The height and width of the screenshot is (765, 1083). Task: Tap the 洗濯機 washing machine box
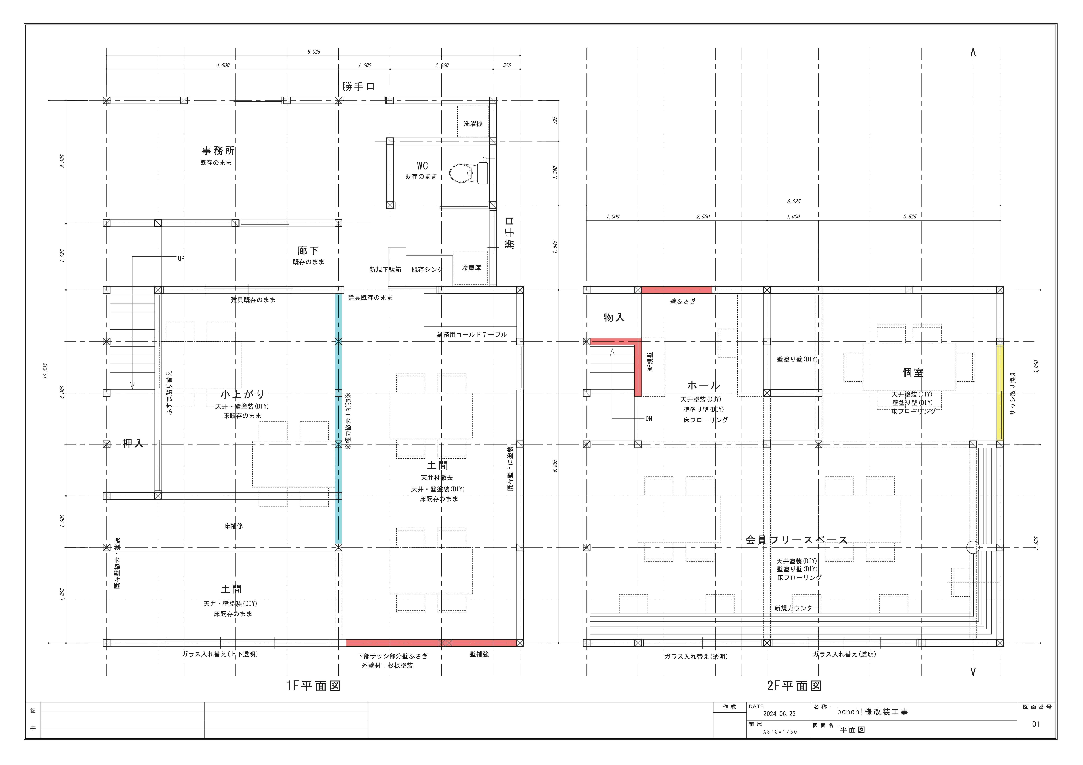coord(473,122)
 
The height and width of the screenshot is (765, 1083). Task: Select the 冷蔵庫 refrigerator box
coord(471,267)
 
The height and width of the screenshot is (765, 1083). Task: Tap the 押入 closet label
coord(133,443)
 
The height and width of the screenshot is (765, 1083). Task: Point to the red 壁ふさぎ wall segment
coord(677,290)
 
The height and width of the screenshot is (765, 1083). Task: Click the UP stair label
coord(181,258)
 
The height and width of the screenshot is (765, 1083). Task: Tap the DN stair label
coord(649,418)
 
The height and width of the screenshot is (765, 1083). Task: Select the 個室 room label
coord(913,372)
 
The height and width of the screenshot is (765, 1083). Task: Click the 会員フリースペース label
coord(797,540)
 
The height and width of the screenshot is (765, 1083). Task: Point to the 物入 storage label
coord(614,317)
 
